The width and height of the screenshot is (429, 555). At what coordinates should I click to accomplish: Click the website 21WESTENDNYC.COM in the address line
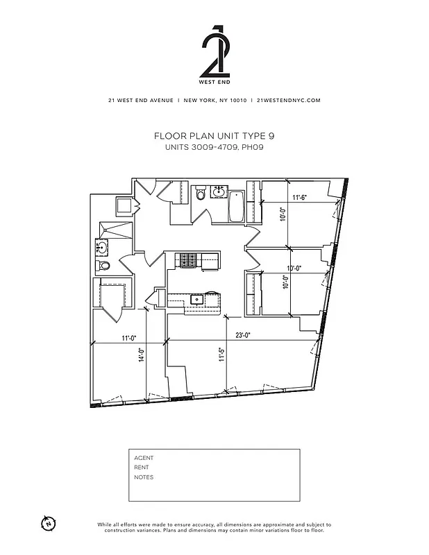point(288,100)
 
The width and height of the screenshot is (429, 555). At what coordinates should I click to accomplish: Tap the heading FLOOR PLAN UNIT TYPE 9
point(214,137)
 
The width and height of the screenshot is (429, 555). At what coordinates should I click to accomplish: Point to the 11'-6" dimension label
point(299,198)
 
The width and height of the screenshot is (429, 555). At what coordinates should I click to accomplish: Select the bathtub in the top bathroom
point(237,205)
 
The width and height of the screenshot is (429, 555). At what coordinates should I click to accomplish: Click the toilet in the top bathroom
point(201,194)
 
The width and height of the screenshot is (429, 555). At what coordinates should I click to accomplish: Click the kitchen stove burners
point(188,260)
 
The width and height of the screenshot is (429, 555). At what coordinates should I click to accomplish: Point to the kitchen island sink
point(196,300)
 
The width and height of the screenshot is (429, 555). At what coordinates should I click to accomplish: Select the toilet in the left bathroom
point(104,266)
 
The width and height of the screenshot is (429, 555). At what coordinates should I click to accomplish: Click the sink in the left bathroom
point(102,246)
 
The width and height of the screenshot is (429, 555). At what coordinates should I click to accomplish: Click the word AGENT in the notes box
point(144,458)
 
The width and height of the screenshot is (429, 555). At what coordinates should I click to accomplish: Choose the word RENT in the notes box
point(142,468)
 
